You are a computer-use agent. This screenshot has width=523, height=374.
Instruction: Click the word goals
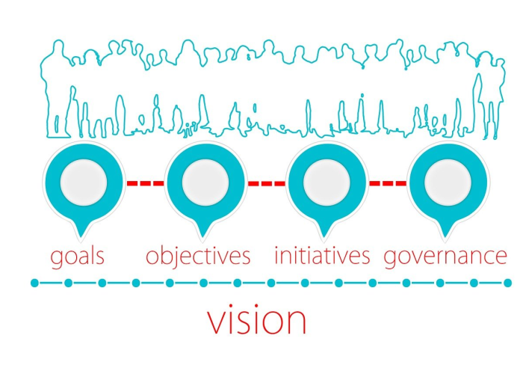[x=77, y=257]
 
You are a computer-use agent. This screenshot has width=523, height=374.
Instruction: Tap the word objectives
[x=198, y=257]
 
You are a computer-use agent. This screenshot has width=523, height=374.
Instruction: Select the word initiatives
[x=322, y=256]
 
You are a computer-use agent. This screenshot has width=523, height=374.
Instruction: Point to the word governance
[x=445, y=256]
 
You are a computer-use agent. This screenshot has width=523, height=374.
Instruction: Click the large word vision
[x=256, y=319]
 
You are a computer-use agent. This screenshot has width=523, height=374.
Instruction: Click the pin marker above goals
[x=83, y=184]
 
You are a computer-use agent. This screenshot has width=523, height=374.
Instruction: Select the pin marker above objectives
[x=205, y=184]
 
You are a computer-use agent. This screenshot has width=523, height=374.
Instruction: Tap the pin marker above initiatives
[x=327, y=184]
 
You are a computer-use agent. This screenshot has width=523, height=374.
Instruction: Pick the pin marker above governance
[x=448, y=184]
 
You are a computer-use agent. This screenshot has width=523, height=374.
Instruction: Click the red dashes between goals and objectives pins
[x=144, y=183]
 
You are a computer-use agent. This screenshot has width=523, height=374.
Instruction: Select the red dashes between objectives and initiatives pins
[x=266, y=183]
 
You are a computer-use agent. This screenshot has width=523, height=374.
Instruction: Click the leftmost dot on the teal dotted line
[x=34, y=283]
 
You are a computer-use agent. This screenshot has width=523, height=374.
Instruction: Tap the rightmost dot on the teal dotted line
[x=508, y=283]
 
